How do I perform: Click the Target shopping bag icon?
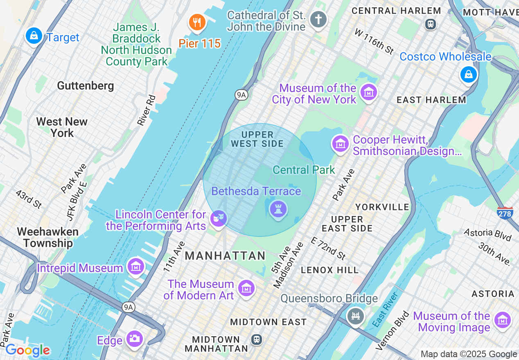click(x=34, y=36)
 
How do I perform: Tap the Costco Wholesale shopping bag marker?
click(x=468, y=74)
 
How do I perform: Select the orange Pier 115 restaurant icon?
click(x=197, y=22)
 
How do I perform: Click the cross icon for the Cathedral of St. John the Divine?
click(x=318, y=19)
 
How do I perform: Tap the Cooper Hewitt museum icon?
click(x=340, y=144)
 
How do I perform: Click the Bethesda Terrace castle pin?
click(x=278, y=209)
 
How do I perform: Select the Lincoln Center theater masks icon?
click(x=218, y=218)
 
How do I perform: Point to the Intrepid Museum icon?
click(x=135, y=267)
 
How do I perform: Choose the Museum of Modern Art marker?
click(x=246, y=288)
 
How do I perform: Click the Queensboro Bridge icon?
click(x=355, y=316)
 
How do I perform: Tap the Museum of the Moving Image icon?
click(x=502, y=320)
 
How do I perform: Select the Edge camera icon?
click(x=134, y=338)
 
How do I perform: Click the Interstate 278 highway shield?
click(x=505, y=213)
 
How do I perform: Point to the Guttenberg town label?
click(x=86, y=86)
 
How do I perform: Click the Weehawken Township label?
click(x=48, y=237)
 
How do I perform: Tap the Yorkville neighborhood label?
click(x=382, y=207)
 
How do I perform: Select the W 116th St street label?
click(x=375, y=41)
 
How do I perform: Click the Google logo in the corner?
click(x=27, y=350)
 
